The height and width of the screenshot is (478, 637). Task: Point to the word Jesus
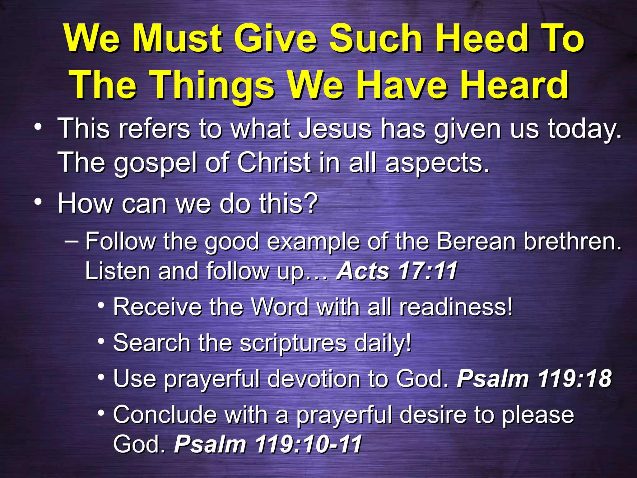tap(335, 129)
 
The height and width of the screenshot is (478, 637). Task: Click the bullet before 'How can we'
tap(38, 202)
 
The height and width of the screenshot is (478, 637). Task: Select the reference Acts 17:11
tap(397, 270)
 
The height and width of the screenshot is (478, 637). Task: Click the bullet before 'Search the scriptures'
tap(100, 341)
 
